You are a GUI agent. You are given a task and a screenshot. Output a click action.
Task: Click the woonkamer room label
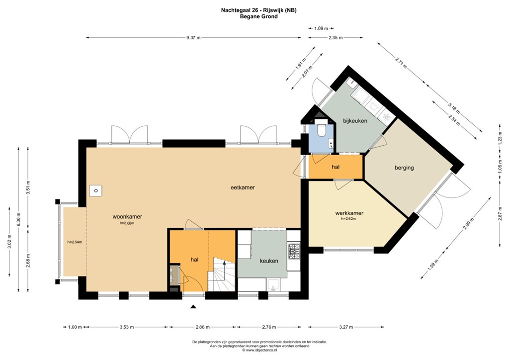point(127,217)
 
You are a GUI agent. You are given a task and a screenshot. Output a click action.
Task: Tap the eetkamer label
point(243,188)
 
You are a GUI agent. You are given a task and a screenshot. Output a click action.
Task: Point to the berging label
point(404,168)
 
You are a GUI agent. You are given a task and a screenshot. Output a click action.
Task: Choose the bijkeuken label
point(355,120)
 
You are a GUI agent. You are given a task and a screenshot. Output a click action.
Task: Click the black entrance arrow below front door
point(193,307)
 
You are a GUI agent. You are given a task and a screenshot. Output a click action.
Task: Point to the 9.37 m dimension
point(193,37)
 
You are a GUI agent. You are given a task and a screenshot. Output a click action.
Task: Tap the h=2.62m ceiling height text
point(348,219)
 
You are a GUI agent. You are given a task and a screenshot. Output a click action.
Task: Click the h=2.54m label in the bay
point(74,242)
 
